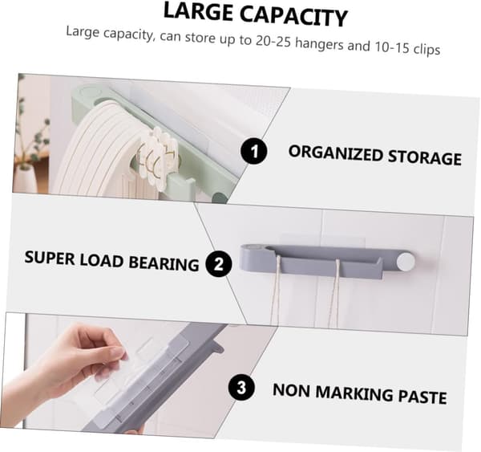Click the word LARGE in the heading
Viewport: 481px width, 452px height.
click(x=198, y=12)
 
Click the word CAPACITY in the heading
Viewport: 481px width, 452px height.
click(x=293, y=16)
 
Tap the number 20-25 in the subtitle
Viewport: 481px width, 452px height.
click(x=273, y=41)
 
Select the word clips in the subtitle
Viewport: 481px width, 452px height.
click(x=426, y=49)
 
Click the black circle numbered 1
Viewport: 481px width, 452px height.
click(x=253, y=151)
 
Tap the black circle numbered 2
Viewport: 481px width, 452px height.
click(x=218, y=263)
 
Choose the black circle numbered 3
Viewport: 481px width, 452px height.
click(x=241, y=387)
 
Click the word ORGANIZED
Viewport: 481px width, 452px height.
click(x=334, y=153)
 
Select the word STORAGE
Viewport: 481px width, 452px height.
click(x=425, y=157)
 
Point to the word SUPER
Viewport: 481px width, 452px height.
click(x=50, y=258)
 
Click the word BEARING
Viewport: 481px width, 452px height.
click(x=164, y=263)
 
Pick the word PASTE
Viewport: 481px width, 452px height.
click(x=422, y=397)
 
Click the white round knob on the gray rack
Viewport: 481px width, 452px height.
click(x=406, y=262)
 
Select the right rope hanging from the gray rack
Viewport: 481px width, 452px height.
click(x=335, y=294)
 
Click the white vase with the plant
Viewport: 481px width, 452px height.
click(x=25, y=181)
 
